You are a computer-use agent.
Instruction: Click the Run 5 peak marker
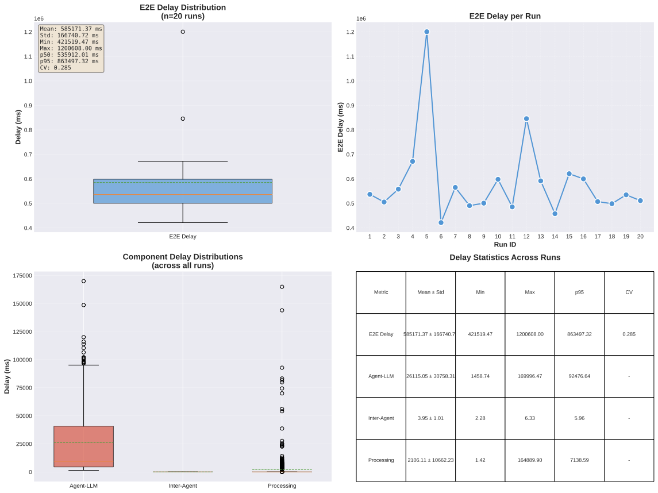[426, 32]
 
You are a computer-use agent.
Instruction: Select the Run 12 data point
[526, 118]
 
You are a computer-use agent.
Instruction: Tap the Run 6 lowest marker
[441, 222]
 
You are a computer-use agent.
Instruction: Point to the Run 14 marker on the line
[555, 213]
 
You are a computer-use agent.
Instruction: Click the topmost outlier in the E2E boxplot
[183, 32]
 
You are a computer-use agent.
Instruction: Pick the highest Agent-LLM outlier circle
[83, 281]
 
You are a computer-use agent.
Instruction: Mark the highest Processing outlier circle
[282, 287]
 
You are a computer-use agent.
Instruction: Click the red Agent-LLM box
[83, 446]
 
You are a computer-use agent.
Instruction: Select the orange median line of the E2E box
[183, 195]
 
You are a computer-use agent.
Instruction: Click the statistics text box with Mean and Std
[71, 48]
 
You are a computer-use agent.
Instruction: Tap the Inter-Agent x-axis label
[183, 486]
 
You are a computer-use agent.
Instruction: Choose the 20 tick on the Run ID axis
[640, 236]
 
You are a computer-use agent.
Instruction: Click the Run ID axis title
[505, 245]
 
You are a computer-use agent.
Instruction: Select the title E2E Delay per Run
[505, 16]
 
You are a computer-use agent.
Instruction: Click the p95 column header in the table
[579, 292]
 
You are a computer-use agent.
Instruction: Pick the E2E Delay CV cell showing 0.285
[629, 334]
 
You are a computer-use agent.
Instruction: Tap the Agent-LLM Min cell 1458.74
[480, 376]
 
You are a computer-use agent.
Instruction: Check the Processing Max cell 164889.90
[529, 460]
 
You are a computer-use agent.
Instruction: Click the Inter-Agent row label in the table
[381, 418]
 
